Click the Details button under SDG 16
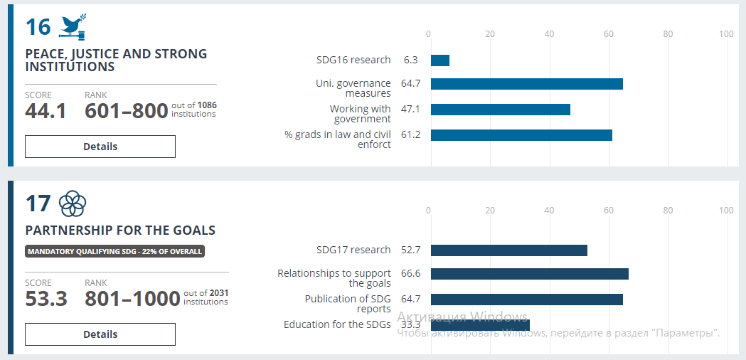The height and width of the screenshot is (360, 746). click(x=100, y=147)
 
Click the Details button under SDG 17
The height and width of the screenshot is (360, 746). click(x=100, y=334)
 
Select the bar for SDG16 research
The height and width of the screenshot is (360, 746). click(x=440, y=60)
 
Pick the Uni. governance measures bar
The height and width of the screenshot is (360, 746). click(x=526, y=84)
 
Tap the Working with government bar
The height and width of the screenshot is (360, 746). click(x=500, y=110)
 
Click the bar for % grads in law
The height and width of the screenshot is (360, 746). click(x=521, y=135)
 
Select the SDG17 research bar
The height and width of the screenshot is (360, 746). click(x=508, y=250)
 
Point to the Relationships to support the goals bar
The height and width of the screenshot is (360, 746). click(x=529, y=274)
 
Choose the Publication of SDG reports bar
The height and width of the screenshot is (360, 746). click(x=526, y=300)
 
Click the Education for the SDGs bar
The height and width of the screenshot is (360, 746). click(x=480, y=325)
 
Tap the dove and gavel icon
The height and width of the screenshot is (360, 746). click(x=73, y=27)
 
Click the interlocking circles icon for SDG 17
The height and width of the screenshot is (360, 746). click(x=73, y=204)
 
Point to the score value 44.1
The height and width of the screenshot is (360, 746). click(x=46, y=111)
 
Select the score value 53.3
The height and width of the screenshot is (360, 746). click(x=46, y=298)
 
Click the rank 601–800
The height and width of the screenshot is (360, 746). click(x=126, y=111)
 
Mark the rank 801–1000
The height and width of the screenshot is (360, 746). click(x=132, y=298)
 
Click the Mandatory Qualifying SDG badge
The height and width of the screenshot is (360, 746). click(x=114, y=251)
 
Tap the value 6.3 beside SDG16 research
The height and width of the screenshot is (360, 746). click(x=410, y=60)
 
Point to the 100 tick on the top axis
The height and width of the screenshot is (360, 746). click(x=726, y=33)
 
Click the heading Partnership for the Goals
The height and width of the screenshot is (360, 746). click(x=120, y=231)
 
